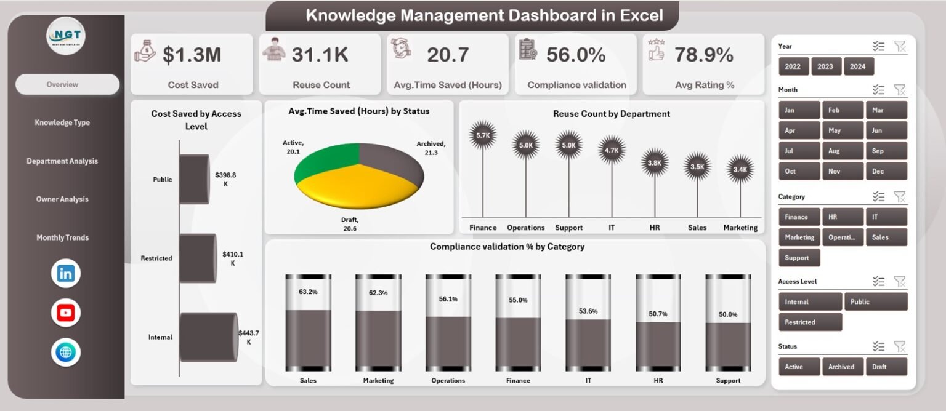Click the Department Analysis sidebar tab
coord(62,161)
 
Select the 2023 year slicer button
coord(825,66)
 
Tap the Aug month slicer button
coord(843,151)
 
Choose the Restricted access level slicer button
coord(810,322)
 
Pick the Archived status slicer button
coord(841,367)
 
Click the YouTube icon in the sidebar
coord(65,313)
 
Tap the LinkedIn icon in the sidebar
coord(65,274)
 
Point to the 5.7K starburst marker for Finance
coord(483,135)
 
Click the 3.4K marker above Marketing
coord(740,169)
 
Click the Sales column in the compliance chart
coord(308,338)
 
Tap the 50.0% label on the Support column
coord(728,314)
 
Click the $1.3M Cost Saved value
coord(192,55)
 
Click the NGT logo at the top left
coord(66,35)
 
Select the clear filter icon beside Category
coord(900,197)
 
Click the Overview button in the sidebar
coord(67,85)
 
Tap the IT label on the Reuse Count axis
coord(612,228)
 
